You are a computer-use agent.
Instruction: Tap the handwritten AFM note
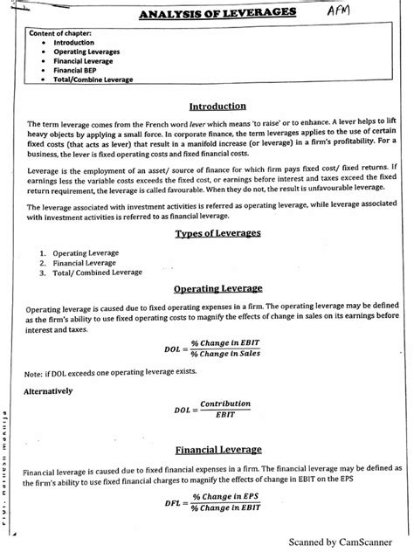pos(343,11)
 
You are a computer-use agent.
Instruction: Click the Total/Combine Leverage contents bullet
pos(93,79)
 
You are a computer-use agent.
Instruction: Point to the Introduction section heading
pos(217,106)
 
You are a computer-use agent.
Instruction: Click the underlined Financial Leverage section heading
pos(217,450)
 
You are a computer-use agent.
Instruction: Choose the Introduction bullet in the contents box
pos(75,42)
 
